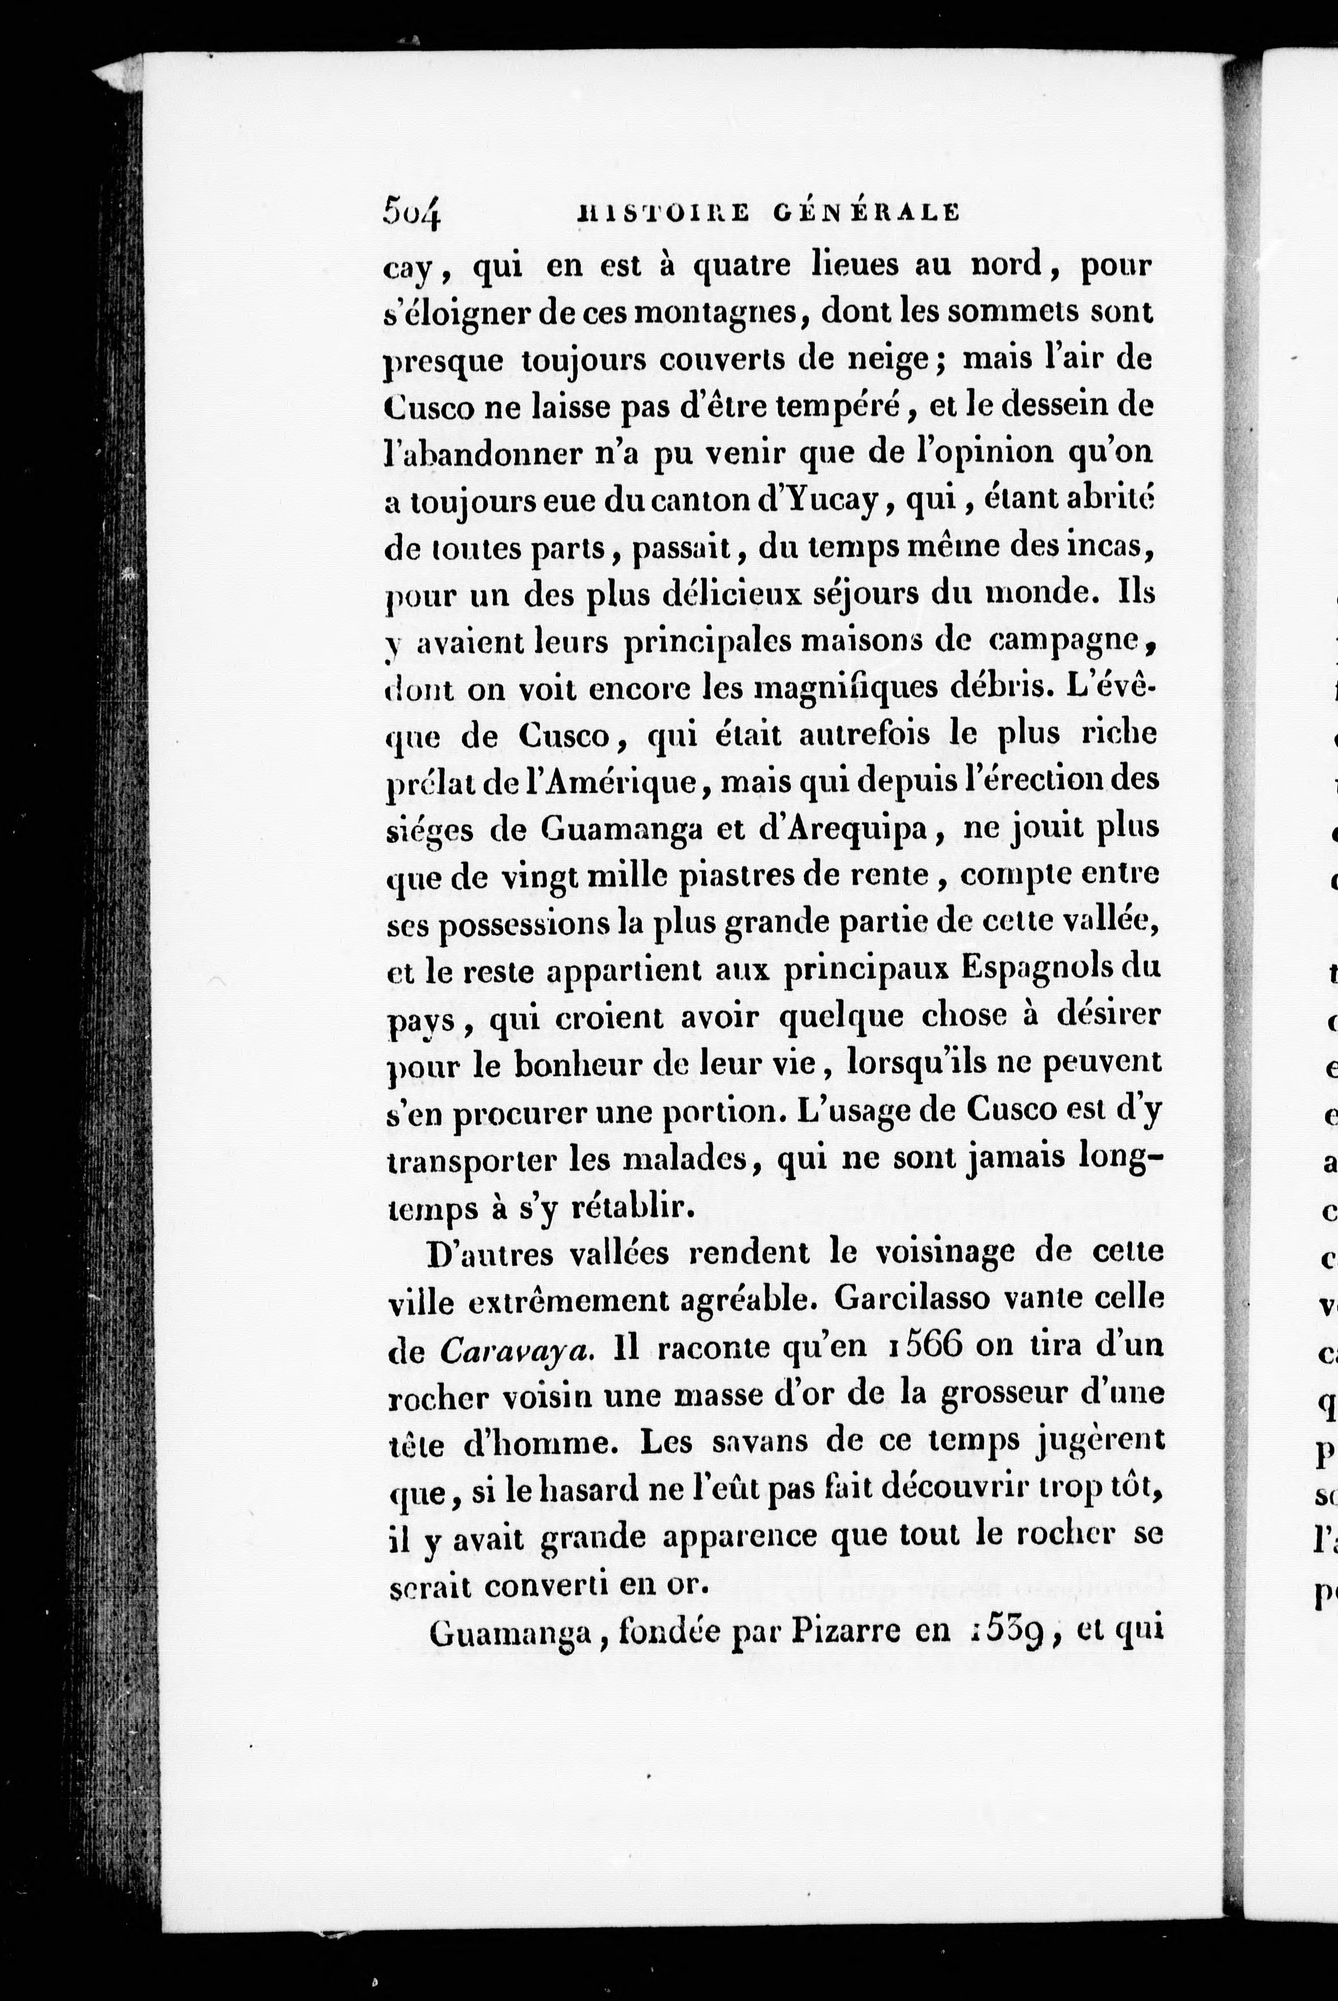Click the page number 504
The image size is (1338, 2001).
[x=412, y=212]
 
